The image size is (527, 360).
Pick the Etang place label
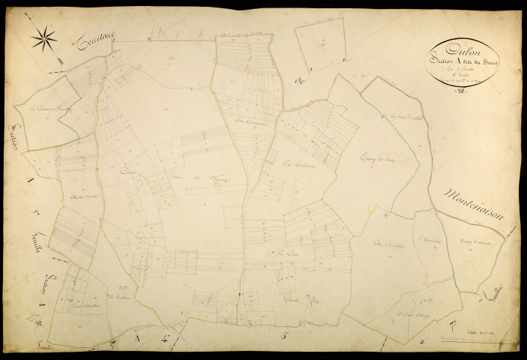click(x=378, y=159)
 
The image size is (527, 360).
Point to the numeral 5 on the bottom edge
click(x=286, y=336)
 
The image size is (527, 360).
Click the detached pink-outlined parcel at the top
click(x=319, y=46)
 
